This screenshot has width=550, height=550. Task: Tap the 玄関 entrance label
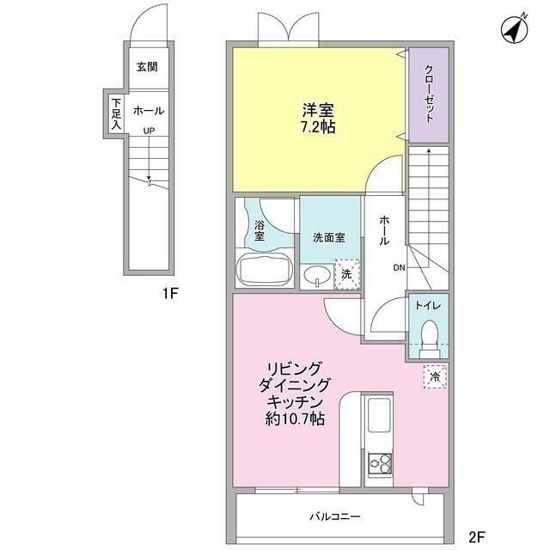(x=148, y=67)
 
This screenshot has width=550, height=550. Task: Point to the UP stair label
(x=149, y=131)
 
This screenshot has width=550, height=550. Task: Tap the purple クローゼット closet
(x=427, y=95)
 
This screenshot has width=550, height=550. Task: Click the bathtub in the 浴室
(x=266, y=270)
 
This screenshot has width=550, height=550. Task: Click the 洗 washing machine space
(x=346, y=274)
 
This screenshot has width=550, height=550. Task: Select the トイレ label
(x=427, y=305)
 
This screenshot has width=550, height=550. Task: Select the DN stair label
(x=399, y=268)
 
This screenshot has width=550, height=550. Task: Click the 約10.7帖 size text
(x=294, y=420)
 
